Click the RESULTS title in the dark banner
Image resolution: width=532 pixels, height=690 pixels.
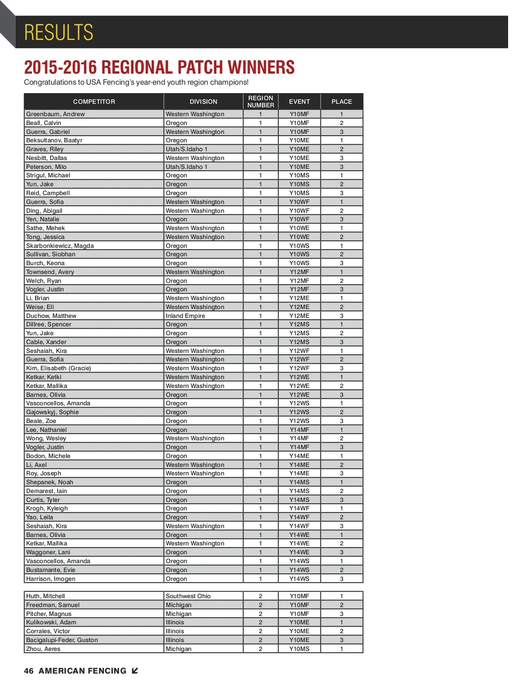(x=59, y=32)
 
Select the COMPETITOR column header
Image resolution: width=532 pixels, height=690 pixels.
(x=94, y=102)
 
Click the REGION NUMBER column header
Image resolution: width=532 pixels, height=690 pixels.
(x=261, y=102)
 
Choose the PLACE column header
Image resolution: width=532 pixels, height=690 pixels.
(x=341, y=102)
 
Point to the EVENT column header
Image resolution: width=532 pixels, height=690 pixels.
(x=299, y=102)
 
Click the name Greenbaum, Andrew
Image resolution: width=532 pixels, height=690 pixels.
(x=55, y=114)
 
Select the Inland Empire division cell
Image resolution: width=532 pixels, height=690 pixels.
(x=185, y=316)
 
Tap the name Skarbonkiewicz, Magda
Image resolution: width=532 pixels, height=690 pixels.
(x=60, y=246)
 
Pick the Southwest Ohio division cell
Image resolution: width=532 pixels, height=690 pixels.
(x=188, y=596)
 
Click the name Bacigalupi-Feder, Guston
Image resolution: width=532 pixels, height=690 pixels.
(x=62, y=640)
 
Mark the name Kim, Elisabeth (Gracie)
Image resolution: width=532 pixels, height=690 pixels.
(x=59, y=368)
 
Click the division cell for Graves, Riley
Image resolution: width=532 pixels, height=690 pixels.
(x=186, y=149)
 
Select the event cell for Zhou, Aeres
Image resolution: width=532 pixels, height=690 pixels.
(x=299, y=649)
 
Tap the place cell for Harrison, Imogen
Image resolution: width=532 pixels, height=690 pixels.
(x=341, y=579)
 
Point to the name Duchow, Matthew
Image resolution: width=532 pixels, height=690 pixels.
(x=51, y=316)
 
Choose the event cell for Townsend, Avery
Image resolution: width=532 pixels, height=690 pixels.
(x=299, y=272)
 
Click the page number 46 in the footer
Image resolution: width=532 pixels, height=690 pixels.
(x=28, y=671)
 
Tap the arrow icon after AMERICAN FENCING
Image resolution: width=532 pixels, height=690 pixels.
(x=135, y=671)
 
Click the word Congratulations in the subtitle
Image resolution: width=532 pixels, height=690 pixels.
(x=50, y=82)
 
